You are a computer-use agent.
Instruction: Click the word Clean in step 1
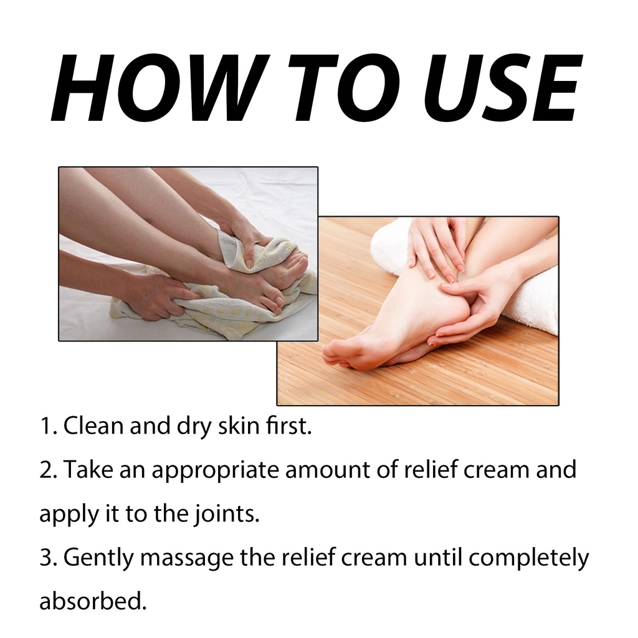93,426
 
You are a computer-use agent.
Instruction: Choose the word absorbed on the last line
92,601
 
